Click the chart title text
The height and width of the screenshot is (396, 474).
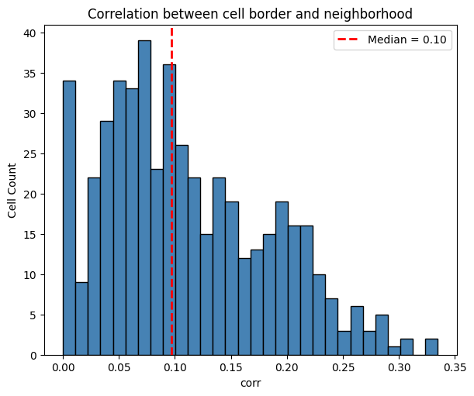(x=249, y=13)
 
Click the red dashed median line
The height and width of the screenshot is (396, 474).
(x=171, y=232)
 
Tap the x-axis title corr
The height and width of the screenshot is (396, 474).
(x=249, y=382)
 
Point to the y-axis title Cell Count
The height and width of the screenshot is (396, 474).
(x=12, y=190)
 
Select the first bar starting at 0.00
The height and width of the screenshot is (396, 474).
(x=69, y=218)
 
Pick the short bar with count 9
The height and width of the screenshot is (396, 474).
(x=81, y=319)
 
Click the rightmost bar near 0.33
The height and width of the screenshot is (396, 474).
(x=431, y=347)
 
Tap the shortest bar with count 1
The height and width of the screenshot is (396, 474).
(x=394, y=351)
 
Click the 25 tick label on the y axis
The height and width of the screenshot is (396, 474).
(x=33, y=154)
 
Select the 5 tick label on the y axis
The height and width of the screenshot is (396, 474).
(x=36, y=315)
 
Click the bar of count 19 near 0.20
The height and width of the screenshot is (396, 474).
(x=282, y=278)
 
